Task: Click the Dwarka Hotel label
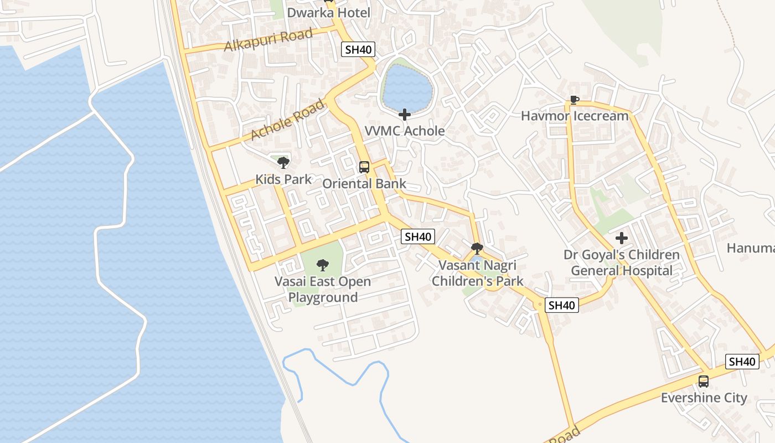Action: [x=328, y=12]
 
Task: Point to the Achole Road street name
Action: [x=287, y=120]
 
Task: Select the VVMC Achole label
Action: [x=405, y=131]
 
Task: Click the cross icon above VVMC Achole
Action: [x=405, y=115]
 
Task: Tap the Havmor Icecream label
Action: [x=575, y=116]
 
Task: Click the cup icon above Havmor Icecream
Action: [x=575, y=100]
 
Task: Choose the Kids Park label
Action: [x=283, y=179]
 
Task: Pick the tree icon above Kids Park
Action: [x=283, y=163]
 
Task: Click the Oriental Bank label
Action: [x=364, y=184]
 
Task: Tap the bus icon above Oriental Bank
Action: [x=364, y=167]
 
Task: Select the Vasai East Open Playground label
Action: [x=323, y=289]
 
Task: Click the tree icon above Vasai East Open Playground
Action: [x=323, y=265]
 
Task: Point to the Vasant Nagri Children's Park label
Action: [x=477, y=273]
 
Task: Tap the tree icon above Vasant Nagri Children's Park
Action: [x=477, y=249]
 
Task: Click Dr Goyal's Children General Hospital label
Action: [x=622, y=263]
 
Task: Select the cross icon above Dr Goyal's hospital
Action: [x=622, y=239]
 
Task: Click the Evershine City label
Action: [x=704, y=398]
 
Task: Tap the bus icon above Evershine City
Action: [x=703, y=382]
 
